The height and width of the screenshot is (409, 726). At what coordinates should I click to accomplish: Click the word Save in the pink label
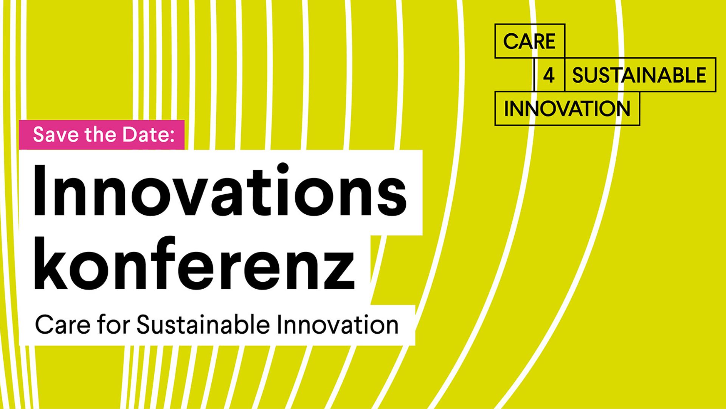coord(56,134)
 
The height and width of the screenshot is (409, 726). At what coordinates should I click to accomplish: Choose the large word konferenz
coord(195,262)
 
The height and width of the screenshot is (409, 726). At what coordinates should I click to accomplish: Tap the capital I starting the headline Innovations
coord(40,190)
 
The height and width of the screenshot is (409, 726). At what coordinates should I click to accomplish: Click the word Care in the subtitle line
coord(63,325)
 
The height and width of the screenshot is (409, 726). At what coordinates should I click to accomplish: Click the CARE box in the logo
coord(530,41)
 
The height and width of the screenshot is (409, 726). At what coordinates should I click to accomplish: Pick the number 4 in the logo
coord(549,75)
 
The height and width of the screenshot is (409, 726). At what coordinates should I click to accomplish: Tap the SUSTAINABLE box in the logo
coord(640,75)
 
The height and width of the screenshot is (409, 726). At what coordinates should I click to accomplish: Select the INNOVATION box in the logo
coord(567,108)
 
